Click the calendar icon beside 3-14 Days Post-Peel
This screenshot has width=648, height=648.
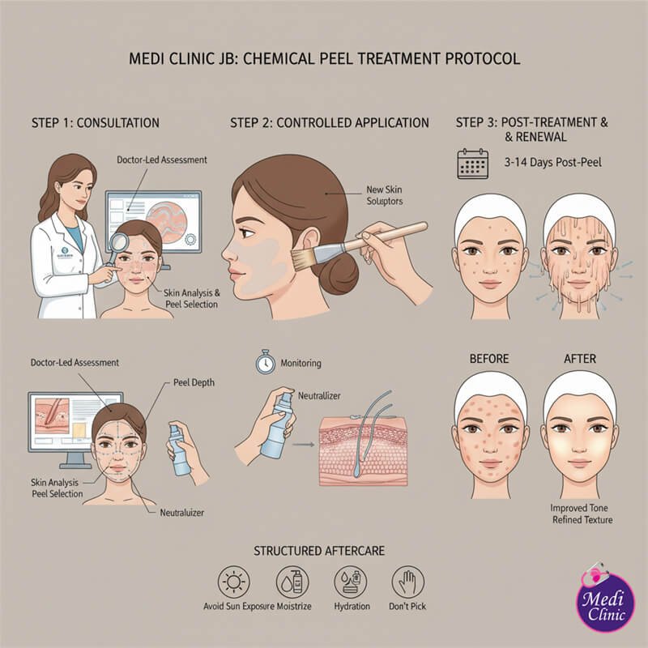coord(472,162)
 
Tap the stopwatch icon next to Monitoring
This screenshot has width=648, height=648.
coord(265,364)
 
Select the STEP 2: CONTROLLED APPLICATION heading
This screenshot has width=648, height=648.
coord(330,123)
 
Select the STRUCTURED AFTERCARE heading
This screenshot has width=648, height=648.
coord(322,551)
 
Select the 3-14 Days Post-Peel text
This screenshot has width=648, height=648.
coord(552,162)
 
